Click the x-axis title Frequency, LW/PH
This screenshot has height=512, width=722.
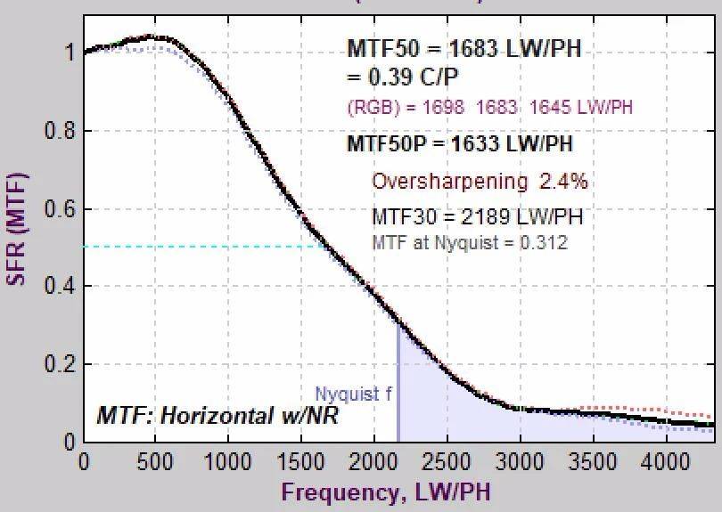(386, 492)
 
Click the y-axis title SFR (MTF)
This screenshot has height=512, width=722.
(19, 229)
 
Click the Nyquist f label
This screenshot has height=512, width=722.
(354, 394)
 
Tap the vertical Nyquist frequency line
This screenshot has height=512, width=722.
(398, 383)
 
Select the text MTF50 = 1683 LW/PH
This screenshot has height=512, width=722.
(464, 49)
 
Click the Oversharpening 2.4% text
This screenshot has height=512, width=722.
(480, 182)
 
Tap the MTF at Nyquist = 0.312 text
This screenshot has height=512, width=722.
(469, 242)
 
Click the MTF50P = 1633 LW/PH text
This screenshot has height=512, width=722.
(459, 143)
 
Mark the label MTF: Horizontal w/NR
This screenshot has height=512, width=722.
(217, 415)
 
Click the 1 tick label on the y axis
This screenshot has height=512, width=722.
(69, 53)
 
